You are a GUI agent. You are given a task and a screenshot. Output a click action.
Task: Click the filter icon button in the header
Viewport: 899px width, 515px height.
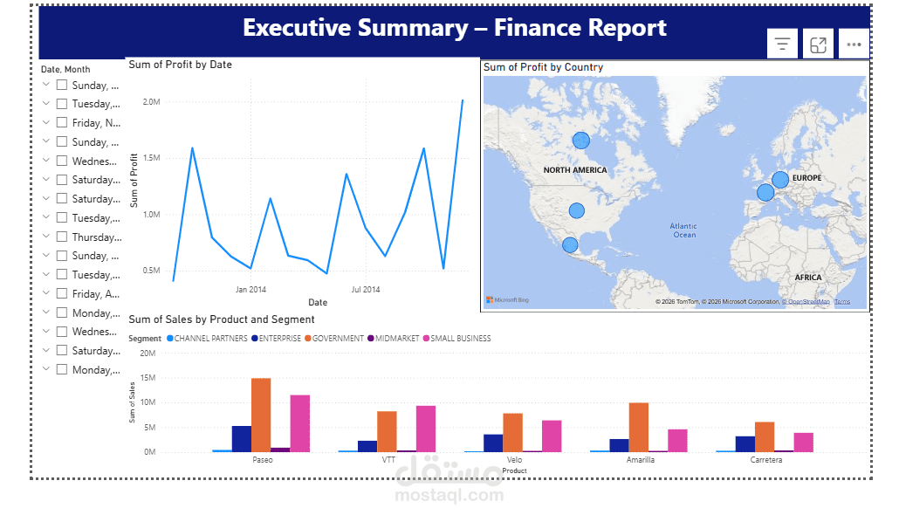tap(782, 44)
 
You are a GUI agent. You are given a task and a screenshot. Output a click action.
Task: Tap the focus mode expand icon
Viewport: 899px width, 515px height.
tap(818, 44)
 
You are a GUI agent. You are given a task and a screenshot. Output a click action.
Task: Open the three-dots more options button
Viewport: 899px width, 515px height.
tap(854, 44)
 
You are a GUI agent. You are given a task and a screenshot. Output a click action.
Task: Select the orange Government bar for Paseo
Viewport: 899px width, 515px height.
tap(261, 415)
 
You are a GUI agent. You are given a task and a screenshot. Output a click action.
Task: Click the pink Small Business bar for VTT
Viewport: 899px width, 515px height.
tap(425, 429)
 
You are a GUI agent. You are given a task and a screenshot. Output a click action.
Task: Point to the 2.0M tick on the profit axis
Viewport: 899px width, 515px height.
tap(151, 102)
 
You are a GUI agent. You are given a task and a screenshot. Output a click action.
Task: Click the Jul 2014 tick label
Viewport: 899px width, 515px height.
tap(366, 289)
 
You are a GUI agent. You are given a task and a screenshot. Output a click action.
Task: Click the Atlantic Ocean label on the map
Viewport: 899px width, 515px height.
tap(684, 230)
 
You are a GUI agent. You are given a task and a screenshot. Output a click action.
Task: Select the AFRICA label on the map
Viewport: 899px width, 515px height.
tap(807, 278)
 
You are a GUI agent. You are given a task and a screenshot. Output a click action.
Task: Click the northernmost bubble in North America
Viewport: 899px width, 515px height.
tap(581, 141)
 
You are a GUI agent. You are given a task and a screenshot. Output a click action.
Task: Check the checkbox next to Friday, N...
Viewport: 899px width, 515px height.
tap(62, 123)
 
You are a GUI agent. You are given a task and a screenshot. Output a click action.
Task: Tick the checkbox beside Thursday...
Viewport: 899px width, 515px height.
tap(62, 237)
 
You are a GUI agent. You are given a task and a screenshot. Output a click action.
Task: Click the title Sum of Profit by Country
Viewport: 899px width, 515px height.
tap(543, 67)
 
